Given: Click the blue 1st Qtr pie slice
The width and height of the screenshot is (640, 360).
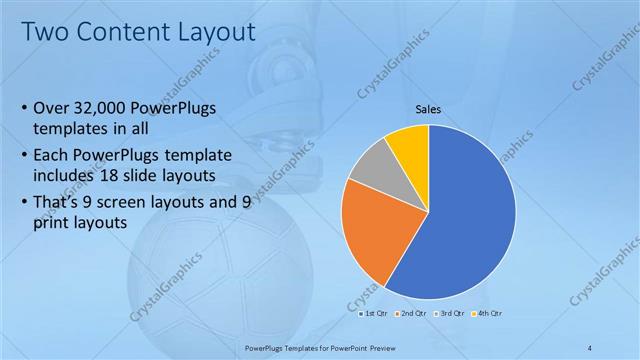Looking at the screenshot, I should click(x=470, y=220).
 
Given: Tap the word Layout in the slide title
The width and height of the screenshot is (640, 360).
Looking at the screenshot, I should click(x=215, y=31).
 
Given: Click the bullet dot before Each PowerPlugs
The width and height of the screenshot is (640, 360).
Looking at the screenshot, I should click(x=24, y=156).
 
